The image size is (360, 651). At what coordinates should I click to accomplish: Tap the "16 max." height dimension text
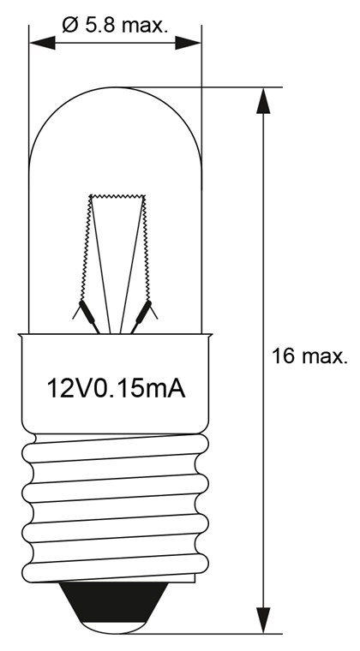[309, 356]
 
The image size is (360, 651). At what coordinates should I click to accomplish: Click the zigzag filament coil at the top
[118, 197]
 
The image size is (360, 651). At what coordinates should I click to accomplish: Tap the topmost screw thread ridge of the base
[116, 446]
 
